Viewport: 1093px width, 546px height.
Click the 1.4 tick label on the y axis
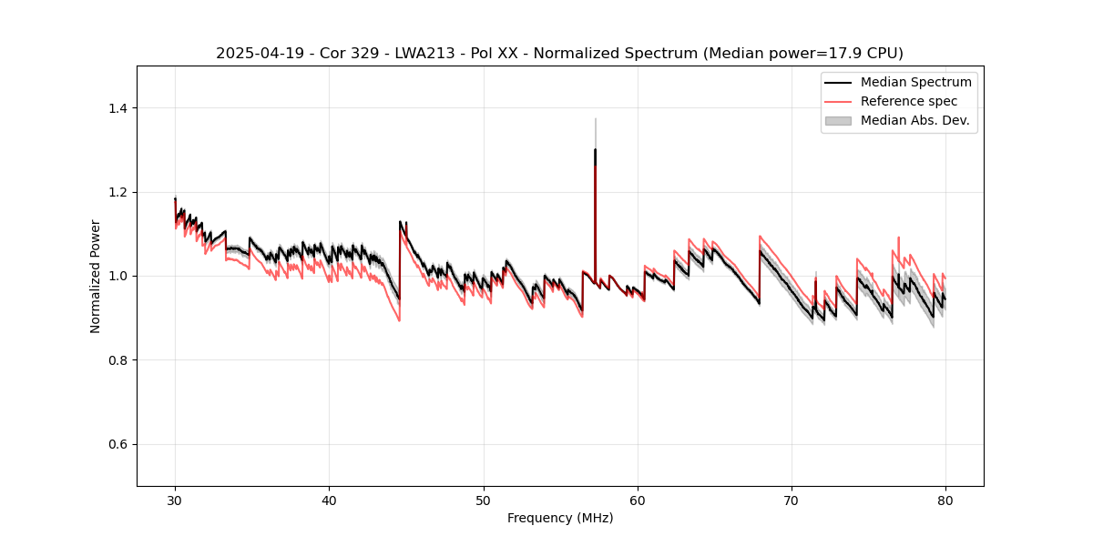(x=117, y=108)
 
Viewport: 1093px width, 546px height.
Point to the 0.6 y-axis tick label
(x=117, y=444)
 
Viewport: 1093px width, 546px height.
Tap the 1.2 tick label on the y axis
(x=117, y=192)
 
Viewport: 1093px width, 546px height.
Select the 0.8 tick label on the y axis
(x=117, y=360)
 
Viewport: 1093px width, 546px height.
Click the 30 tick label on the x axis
(x=175, y=500)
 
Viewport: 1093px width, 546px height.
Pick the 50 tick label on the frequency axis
(x=484, y=500)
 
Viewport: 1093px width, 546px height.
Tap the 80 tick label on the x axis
(x=945, y=500)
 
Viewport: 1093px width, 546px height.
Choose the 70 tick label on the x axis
(x=792, y=500)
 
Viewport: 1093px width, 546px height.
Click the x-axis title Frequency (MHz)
(x=560, y=518)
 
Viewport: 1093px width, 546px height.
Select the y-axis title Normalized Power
(x=96, y=276)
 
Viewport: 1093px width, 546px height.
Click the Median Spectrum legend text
(x=915, y=82)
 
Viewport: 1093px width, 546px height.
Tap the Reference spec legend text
(x=908, y=101)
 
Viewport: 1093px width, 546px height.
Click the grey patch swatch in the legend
(x=838, y=120)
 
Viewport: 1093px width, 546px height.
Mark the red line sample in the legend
(x=838, y=101)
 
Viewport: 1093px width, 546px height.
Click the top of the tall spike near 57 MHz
(x=595, y=118)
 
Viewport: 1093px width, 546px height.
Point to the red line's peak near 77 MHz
(x=898, y=238)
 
